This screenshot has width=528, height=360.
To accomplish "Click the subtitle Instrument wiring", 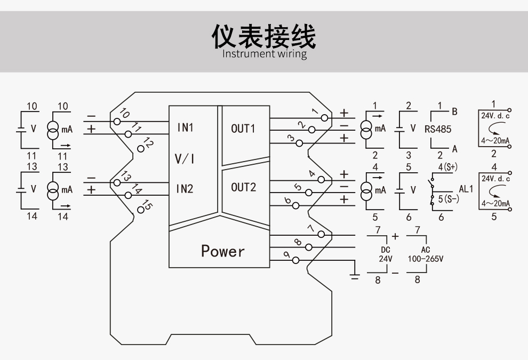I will [264, 54].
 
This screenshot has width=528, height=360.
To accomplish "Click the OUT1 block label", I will [243, 129].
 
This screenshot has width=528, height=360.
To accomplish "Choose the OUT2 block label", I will [243, 187].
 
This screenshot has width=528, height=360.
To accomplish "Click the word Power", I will [223, 251].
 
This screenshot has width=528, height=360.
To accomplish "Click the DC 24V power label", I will [385, 254].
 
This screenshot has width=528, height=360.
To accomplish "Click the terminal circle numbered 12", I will [140, 149].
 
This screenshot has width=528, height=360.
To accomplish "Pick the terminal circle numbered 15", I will [140, 209].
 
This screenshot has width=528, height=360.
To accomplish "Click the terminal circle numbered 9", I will [295, 260].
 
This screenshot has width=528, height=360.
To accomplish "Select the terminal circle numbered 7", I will [321, 235].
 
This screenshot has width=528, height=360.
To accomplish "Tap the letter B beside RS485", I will [454, 111].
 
